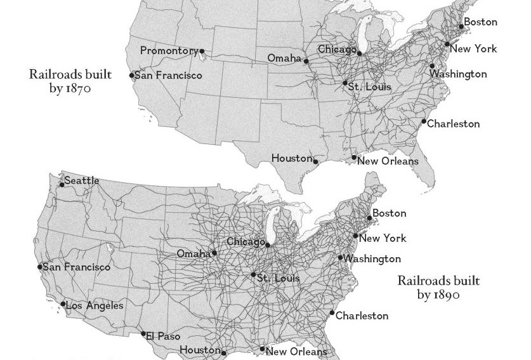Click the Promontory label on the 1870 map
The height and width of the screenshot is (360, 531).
point(169,50)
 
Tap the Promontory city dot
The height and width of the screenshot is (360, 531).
point(202,51)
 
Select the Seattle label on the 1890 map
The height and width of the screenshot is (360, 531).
point(82,180)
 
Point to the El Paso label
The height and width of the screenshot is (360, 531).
point(163,336)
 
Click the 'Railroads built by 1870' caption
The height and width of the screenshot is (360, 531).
point(70,81)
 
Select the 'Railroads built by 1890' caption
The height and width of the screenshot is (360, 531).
point(438,287)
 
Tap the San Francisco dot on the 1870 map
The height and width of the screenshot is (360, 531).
point(132,76)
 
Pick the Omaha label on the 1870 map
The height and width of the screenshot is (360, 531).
point(284,58)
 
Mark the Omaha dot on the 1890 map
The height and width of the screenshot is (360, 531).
point(214,253)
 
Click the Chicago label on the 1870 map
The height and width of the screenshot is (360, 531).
point(336,49)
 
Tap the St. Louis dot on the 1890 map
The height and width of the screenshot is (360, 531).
point(253,275)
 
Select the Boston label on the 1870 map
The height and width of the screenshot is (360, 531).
point(480,22)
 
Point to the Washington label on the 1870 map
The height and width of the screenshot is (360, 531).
point(459,74)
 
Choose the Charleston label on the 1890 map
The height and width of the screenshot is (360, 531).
point(362,316)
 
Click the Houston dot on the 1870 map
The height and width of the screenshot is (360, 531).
point(316,161)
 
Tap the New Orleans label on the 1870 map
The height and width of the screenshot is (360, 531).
point(388,161)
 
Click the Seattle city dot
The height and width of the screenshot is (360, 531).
point(62,185)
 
